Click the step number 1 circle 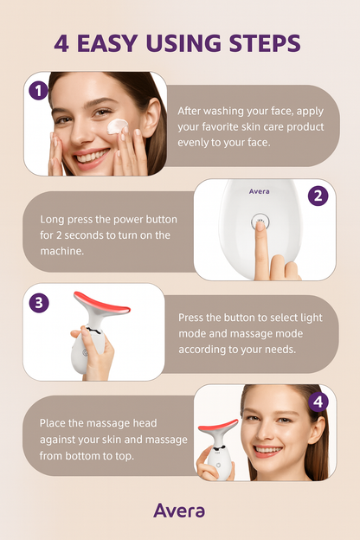[37, 90]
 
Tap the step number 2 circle [318, 196]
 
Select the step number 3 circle [37, 303]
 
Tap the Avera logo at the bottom [179, 510]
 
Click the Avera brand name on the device [259, 192]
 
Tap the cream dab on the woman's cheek [119, 126]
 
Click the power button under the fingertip [259, 222]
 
